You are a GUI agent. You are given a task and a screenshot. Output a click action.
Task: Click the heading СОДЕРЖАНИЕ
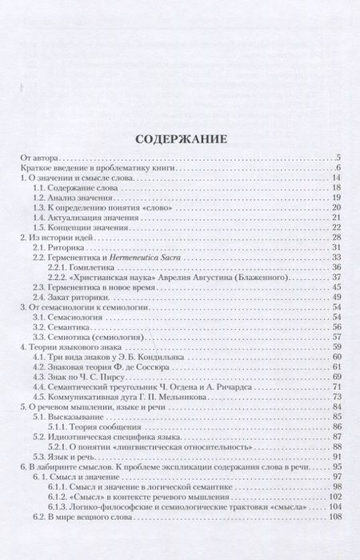point(180,138)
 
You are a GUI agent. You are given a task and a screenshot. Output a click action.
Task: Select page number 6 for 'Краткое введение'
point(338,169)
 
